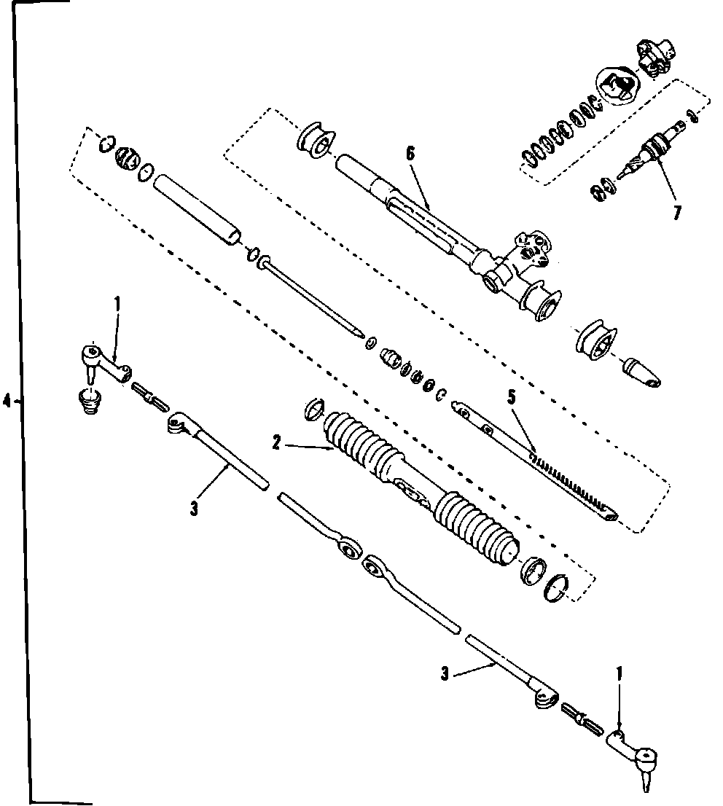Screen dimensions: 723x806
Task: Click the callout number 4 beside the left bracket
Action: click(7, 401)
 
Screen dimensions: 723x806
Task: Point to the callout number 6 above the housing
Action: click(410, 153)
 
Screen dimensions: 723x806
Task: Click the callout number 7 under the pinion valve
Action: click(678, 214)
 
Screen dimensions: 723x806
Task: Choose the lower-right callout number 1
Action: click(620, 675)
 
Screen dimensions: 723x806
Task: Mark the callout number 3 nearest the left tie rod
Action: click(194, 508)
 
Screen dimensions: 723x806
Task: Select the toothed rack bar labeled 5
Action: click(539, 466)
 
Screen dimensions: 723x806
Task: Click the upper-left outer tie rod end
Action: click(102, 361)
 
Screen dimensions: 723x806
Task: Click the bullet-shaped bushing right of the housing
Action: click(642, 370)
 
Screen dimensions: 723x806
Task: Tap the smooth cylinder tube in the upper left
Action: click(197, 208)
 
